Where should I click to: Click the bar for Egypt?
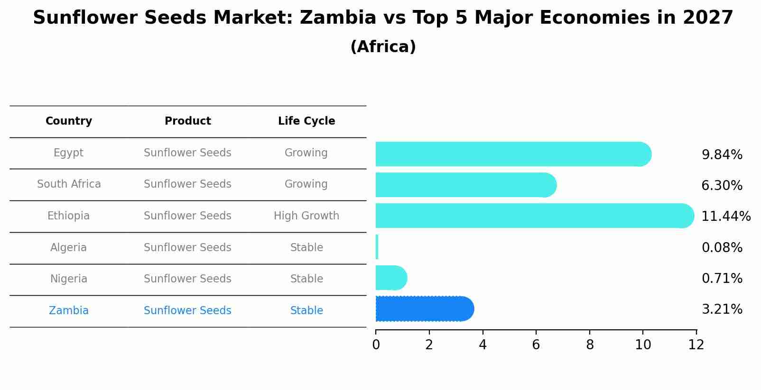(512, 154)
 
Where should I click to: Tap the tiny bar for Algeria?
(377, 247)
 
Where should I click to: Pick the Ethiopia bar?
(534, 216)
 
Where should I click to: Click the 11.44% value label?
(725, 217)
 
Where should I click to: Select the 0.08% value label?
(722, 247)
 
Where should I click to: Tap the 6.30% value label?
(722, 186)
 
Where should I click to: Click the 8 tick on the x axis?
(590, 345)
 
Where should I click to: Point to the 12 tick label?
(696, 345)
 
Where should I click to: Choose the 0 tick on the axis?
(376, 345)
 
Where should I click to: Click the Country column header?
(69, 121)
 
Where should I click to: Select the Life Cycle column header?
(306, 121)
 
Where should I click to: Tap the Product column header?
(187, 121)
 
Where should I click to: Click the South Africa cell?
(69, 184)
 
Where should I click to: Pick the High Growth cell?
(306, 216)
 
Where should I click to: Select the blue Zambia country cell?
(69, 311)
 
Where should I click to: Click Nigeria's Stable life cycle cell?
(306, 279)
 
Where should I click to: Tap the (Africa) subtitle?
(383, 47)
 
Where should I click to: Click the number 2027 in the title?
(708, 18)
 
